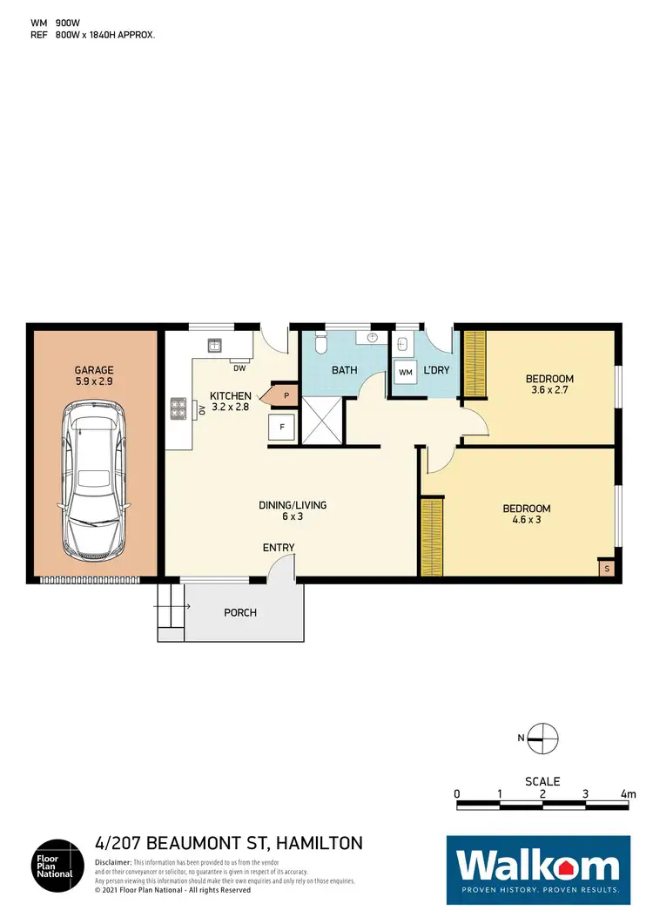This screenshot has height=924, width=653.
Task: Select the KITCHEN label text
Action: [231, 396]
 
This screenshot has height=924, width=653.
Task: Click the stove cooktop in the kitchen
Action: [179, 408]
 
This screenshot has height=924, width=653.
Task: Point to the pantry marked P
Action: [285, 395]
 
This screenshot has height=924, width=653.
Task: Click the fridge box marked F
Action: [281, 428]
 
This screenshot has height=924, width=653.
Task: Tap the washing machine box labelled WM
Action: [405, 372]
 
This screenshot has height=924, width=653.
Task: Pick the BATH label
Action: [345, 370]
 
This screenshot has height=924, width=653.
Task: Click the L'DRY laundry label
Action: [435, 370]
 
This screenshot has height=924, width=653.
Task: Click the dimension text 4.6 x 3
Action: [527, 522]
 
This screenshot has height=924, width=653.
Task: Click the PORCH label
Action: [240, 612]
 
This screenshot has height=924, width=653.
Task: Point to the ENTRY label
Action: [279, 548]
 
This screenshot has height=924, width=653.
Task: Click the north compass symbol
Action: [542, 738]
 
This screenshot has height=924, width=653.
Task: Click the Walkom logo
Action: [538, 867]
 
